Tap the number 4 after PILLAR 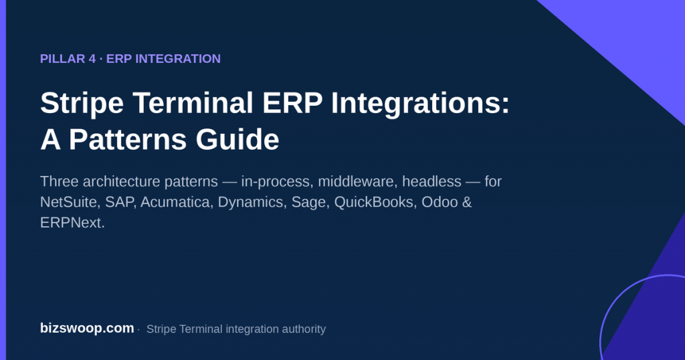[92, 58]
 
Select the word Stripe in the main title [82, 104]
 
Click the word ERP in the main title [292, 102]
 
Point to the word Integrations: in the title [420, 104]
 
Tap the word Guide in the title [237, 139]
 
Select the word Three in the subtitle [60, 181]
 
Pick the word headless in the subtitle [431, 181]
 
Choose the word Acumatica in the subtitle [177, 202]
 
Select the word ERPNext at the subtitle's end [71, 222]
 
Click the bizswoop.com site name [87, 328]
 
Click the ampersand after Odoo [467, 202]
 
